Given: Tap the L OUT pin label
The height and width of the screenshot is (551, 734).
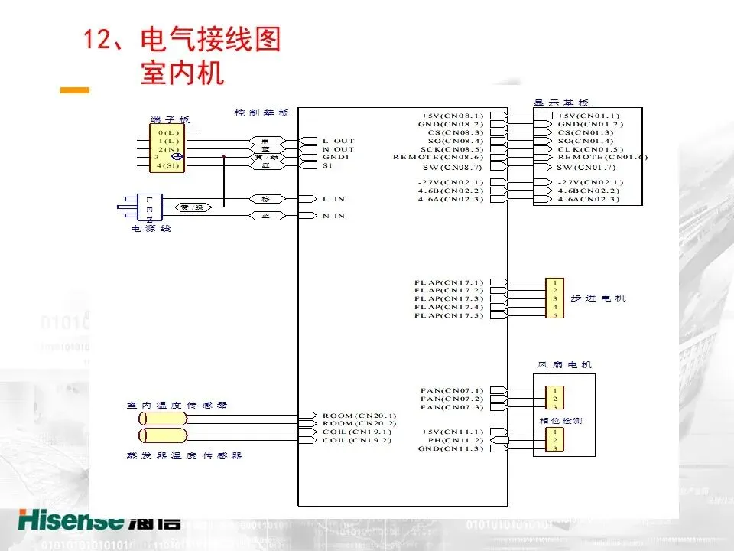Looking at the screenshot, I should pyautogui.click(x=338, y=141).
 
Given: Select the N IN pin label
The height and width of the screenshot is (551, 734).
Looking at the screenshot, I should pyautogui.click(x=333, y=216).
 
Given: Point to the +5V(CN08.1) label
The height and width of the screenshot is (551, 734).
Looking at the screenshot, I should pyautogui.click(x=453, y=116).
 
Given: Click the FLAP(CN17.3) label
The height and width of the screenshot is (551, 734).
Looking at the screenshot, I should pyautogui.click(x=449, y=298).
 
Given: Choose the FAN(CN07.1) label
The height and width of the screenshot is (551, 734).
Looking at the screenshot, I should pyautogui.click(x=452, y=390).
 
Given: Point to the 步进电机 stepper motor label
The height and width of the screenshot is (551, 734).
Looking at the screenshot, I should pyautogui.click(x=598, y=298).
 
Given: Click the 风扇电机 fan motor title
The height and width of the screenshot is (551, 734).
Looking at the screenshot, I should pyautogui.click(x=565, y=365).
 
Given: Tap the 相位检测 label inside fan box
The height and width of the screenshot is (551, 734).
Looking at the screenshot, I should pyautogui.click(x=555, y=421).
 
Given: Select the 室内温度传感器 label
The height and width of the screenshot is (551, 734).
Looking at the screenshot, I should pyautogui.click(x=177, y=405).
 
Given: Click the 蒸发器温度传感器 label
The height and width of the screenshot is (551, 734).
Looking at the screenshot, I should pyautogui.click(x=184, y=455).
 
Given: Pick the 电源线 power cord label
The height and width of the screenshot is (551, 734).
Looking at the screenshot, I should pyautogui.click(x=151, y=229).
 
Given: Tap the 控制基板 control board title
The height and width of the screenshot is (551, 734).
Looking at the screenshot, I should pyautogui.click(x=261, y=113).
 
